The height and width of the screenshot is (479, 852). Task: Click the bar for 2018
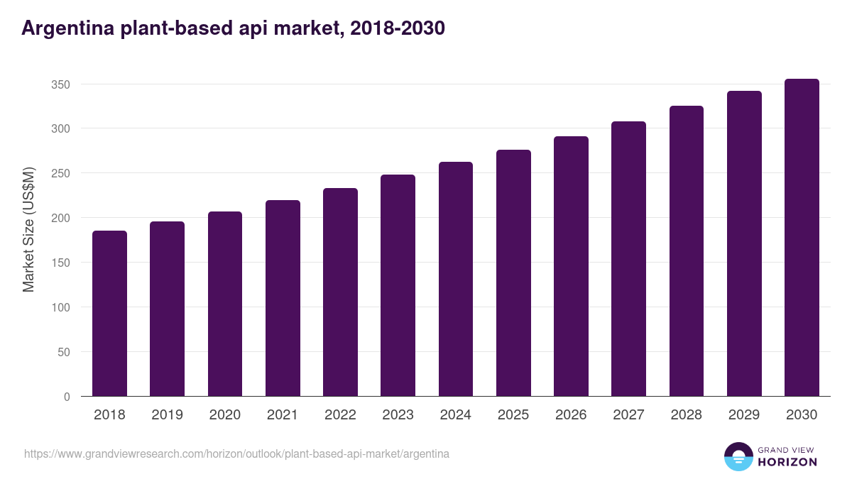(x=109, y=314)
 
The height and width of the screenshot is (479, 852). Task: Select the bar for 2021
(x=283, y=298)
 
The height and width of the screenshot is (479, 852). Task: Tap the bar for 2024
(x=456, y=279)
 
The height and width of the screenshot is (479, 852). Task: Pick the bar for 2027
(x=628, y=259)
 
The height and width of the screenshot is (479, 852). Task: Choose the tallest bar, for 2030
(x=802, y=238)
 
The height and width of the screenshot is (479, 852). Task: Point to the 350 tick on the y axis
(x=61, y=84)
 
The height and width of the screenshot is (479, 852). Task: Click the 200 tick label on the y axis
(x=61, y=219)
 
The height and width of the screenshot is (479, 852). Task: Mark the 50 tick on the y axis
(x=64, y=352)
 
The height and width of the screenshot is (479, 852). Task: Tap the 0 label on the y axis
(x=67, y=397)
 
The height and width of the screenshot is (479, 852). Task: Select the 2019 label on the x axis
(x=167, y=415)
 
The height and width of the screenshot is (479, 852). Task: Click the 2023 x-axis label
(x=398, y=415)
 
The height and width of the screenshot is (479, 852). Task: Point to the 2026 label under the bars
(x=571, y=415)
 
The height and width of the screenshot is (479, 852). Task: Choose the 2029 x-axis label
(x=744, y=415)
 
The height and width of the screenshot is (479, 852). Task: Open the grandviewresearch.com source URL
(x=236, y=453)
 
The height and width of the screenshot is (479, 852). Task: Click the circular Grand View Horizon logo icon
(x=738, y=456)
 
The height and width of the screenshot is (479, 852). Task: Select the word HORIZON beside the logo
(x=787, y=462)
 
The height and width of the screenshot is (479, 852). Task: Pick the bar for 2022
(x=340, y=292)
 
